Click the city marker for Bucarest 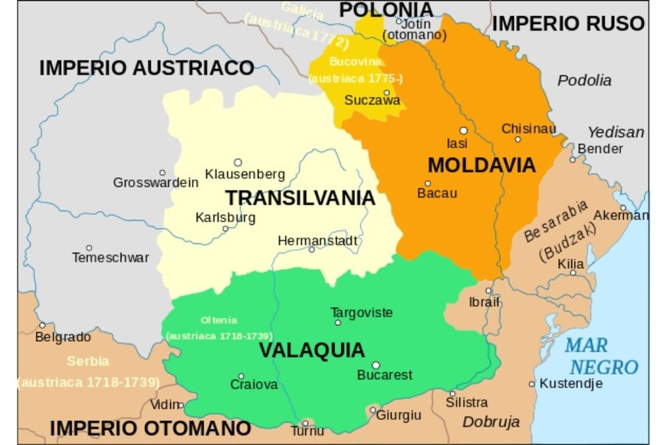(376, 365)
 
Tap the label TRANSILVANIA (300, 198)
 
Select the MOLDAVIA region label (481, 165)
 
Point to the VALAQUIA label (311, 350)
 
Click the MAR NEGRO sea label (603, 356)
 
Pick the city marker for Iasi (463, 130)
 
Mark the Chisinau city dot (517, 140)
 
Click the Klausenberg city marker (238, 162)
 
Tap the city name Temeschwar (110, 258)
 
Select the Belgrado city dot (41, 325)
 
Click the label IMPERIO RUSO (567, 24)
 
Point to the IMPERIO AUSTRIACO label (146, 68)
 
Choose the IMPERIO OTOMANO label (150, 427)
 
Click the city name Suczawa (372, 100)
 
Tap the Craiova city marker (241, 376)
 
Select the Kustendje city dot (531, 384)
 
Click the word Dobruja (491, 421)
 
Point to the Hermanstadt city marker (311, 249)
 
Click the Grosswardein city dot (162, 173)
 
